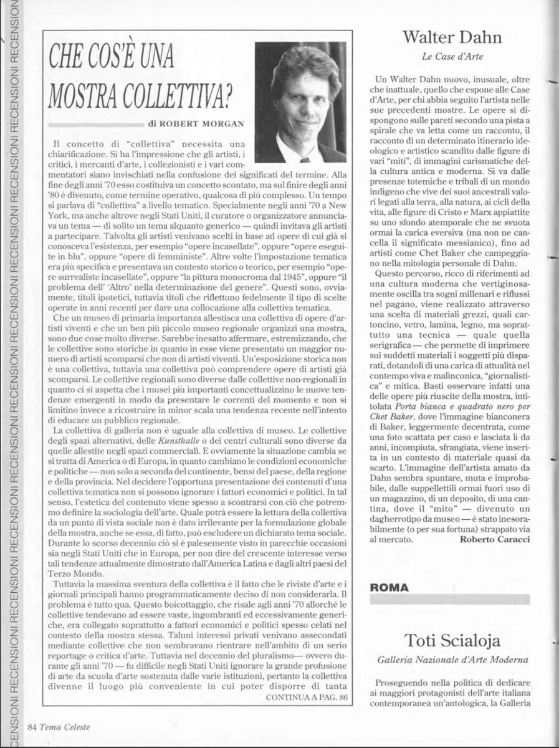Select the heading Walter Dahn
[452, 37]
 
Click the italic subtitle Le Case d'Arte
[452, 57]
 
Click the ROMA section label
[390, 587]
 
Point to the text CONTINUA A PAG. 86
[306, 697]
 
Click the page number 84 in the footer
[32, 727]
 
